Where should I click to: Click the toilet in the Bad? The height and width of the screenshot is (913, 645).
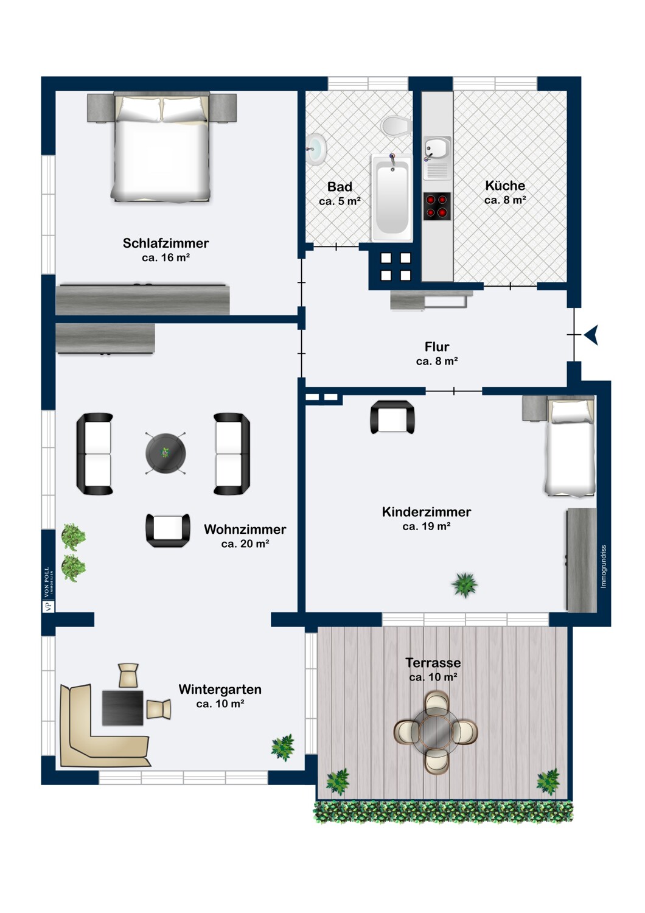[396, 127]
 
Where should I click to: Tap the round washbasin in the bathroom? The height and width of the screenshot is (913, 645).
[316, 149]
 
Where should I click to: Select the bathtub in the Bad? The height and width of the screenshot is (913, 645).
[391, 197]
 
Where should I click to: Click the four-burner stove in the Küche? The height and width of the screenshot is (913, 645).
[437, 206]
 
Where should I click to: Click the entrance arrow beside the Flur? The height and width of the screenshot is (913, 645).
[591, 335]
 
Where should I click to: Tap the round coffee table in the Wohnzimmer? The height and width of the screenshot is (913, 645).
[166, 453]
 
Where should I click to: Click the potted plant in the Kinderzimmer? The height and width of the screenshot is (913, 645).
[464, 585]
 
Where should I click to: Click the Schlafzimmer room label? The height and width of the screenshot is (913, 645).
[166, 243]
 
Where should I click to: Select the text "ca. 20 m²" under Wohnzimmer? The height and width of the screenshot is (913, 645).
[245, 544]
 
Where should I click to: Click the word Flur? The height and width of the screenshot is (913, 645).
[437, 347]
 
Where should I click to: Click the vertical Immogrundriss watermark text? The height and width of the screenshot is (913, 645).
[604, 567]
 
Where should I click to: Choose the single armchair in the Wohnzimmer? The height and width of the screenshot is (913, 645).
[168, 530]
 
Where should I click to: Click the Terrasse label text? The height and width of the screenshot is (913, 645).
[433, 663]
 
